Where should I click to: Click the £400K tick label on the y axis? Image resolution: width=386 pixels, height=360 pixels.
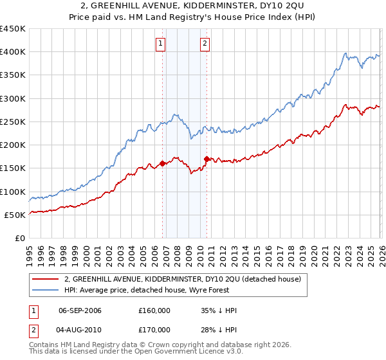[x=13, y=52]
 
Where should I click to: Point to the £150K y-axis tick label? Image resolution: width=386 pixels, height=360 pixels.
[x=13, y=168]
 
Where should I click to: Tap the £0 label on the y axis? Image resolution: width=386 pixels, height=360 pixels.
[x=21, y=238]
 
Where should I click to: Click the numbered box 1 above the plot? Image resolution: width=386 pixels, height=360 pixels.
[x=160, y=44]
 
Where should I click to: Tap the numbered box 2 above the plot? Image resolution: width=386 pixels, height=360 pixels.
[x=205, y=44]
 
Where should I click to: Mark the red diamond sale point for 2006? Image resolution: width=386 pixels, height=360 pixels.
[x=162, y=163]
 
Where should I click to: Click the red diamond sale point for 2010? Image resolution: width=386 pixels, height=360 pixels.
[x=207, y=159]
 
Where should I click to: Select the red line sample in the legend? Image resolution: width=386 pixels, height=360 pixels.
[x=46, y=279]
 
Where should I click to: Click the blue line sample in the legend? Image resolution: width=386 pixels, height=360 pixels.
[x=46, y=290]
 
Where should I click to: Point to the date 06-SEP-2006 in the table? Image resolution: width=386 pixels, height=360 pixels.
[x=80, y=310]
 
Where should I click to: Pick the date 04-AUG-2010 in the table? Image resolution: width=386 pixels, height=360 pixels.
[x=80, y=330]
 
